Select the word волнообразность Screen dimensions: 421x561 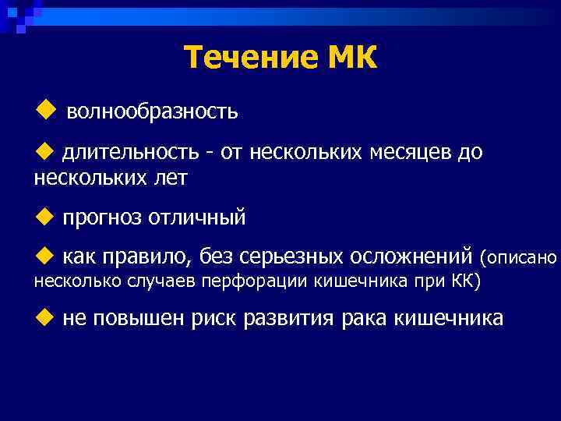pyautogui.click(x=152, y=112)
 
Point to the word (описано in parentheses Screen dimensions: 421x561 pyautogui.click(x=519, y=256)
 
